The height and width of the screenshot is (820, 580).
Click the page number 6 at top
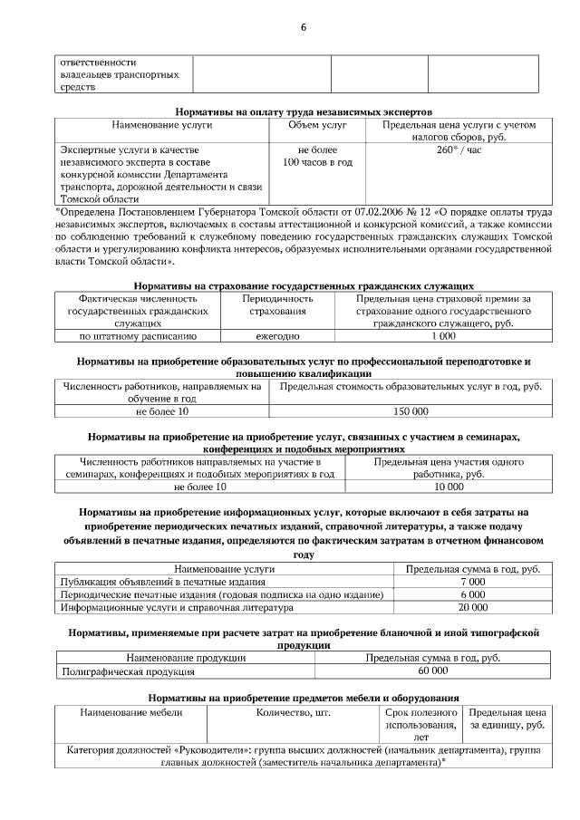304,26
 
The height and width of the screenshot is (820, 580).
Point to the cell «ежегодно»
277,336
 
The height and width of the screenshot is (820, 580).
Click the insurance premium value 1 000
443,336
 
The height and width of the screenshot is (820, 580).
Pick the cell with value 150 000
409,411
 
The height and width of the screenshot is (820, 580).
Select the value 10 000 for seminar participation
449,487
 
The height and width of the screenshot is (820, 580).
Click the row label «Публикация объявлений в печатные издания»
150,581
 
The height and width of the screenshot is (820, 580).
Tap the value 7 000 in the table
472,581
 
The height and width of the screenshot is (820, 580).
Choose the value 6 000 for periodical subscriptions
472,593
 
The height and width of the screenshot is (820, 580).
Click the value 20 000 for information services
472,607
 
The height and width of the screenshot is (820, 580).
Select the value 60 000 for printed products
432,671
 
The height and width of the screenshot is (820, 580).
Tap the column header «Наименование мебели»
131,713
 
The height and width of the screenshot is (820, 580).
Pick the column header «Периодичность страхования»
277,304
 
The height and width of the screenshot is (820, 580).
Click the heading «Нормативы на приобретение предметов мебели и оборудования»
304,698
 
